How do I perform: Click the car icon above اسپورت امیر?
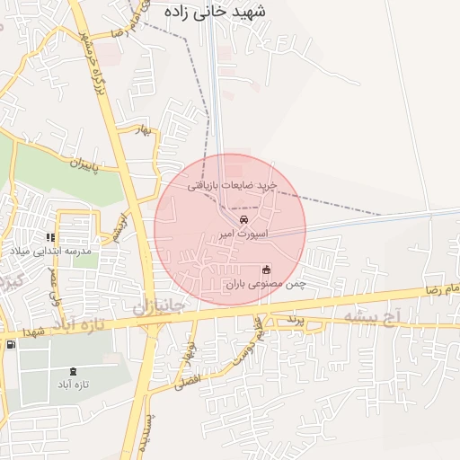[x=243, y=218]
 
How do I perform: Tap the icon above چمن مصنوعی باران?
[x=266, y=270]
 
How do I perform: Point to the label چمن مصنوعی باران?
[x=266, y=284]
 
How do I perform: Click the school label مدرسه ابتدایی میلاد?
[x=51, y=252]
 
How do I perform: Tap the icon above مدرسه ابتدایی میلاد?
[x=51, y=238]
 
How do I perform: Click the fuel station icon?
[x=10, y=344]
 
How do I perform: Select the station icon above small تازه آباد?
[x=73, y=372]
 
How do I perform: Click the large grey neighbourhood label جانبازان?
[x=158, y=306]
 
